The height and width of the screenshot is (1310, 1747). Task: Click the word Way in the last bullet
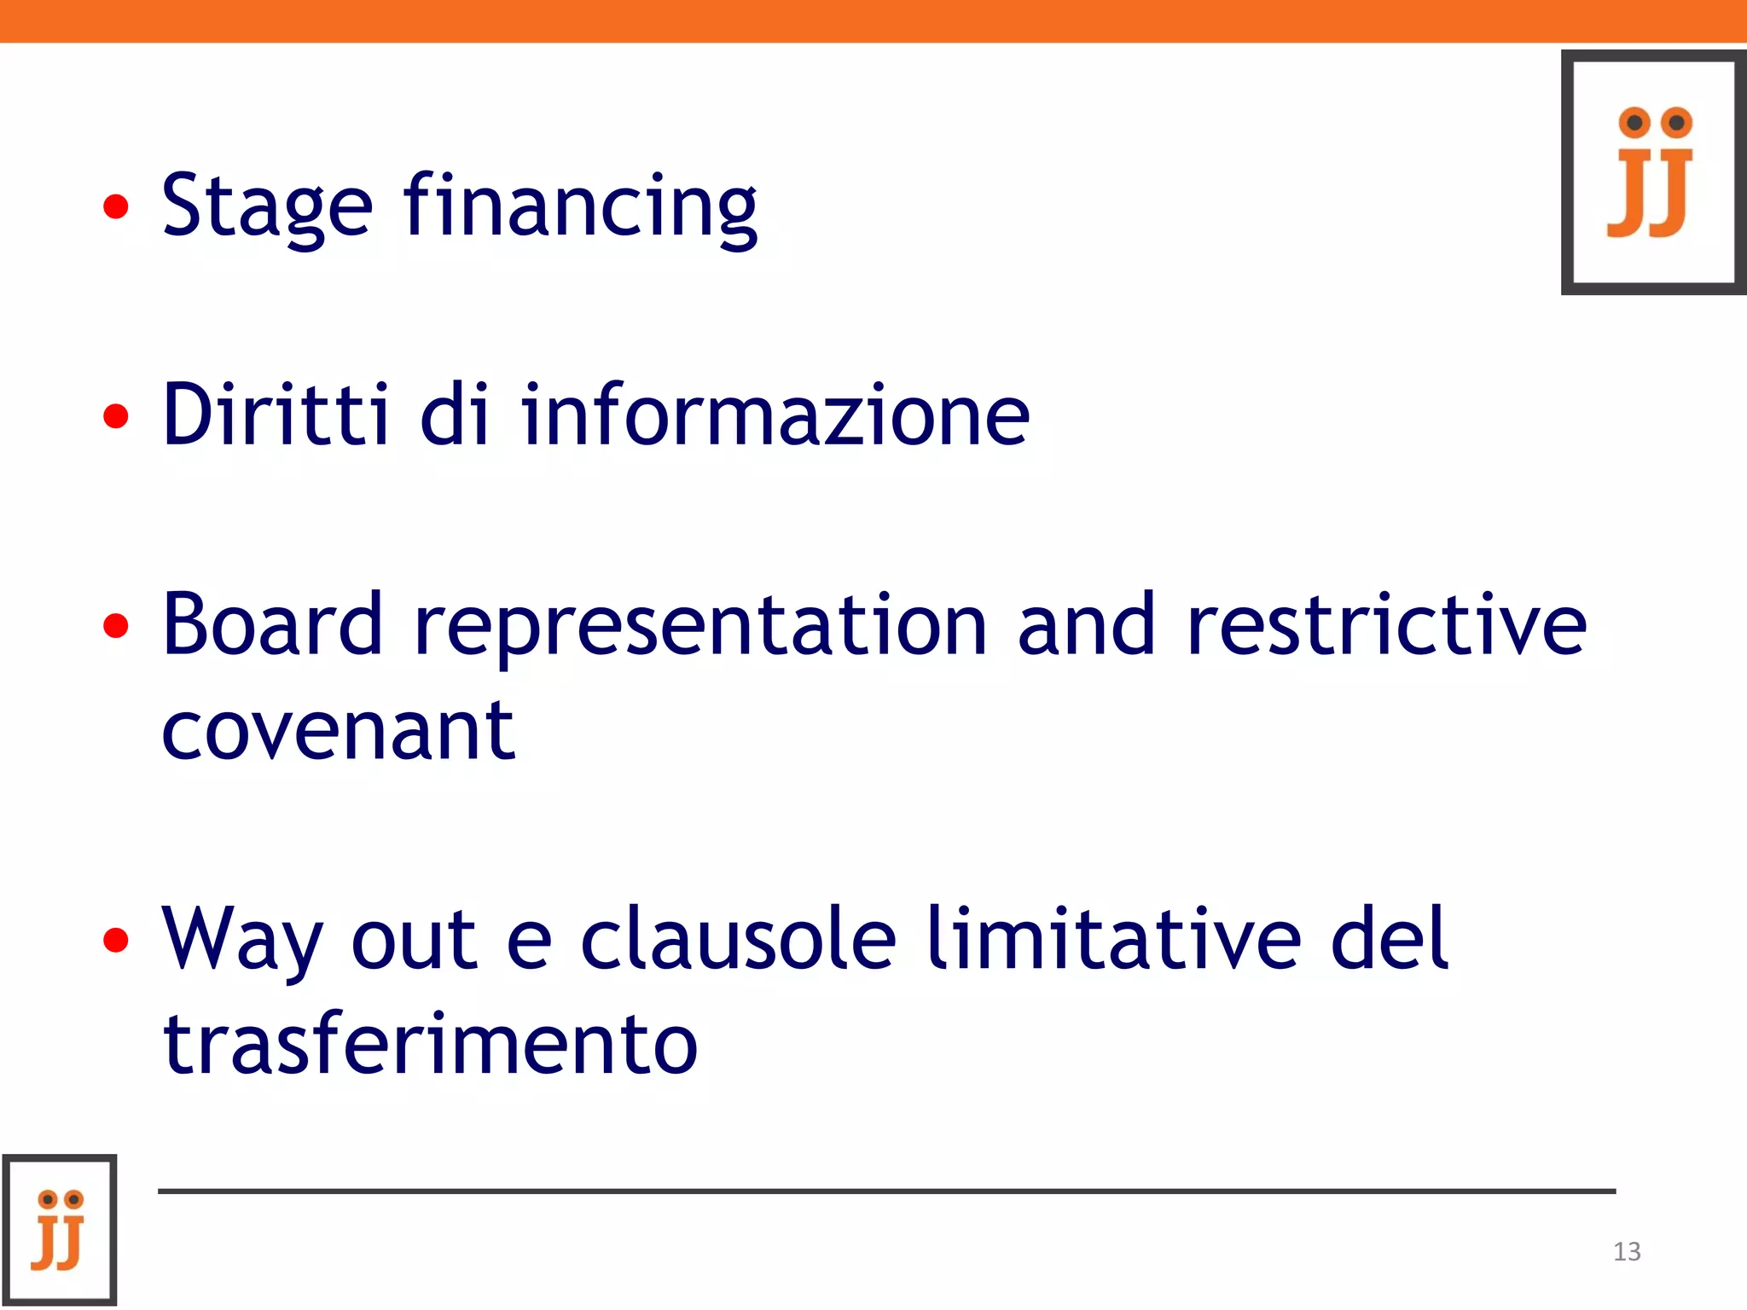pos(243,942)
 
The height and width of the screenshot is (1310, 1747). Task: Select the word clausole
pos(739,937)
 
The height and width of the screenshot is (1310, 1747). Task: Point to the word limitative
pos(1114,937)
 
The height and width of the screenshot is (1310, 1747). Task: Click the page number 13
pos(1627,1251)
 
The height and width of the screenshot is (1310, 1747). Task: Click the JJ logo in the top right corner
pos(1653,172)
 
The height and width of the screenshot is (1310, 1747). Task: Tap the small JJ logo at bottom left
pos(59,1230)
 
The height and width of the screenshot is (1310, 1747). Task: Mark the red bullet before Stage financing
pos(116,206)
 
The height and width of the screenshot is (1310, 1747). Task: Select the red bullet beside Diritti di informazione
pos(116,416)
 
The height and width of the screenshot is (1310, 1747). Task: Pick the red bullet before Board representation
pos(116,626)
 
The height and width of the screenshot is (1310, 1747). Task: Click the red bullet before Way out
pos(116,940)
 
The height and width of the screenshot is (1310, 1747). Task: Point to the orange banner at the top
pos(873,21)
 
